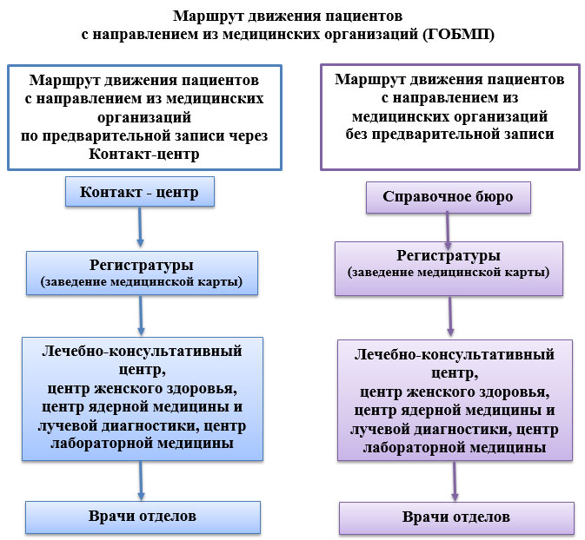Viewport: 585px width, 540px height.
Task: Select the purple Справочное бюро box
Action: point(446,197)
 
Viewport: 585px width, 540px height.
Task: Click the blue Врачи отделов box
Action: point(142,516)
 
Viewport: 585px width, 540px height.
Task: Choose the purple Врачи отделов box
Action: point(455,517)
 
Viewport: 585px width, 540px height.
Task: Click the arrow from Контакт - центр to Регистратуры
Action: point(140,229)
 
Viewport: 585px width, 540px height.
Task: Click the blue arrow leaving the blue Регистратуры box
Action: point(141,316)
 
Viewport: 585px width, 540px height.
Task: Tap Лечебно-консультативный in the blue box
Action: point(142,351)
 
